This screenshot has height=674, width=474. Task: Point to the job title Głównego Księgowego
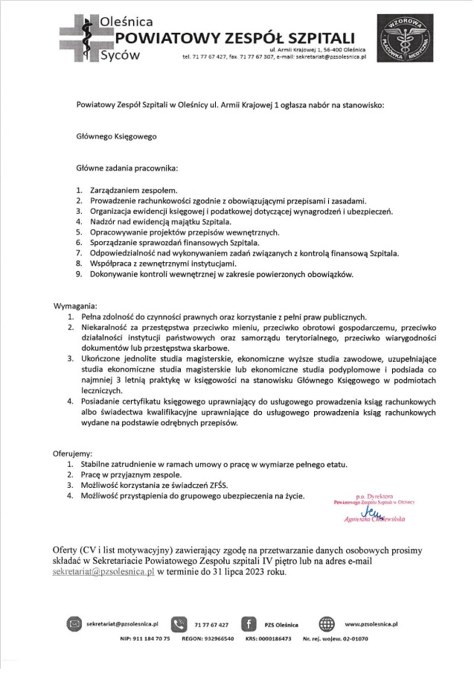117,137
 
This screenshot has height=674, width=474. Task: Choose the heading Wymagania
75,306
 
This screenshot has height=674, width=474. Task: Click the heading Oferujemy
73,453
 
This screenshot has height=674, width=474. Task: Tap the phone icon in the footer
179,623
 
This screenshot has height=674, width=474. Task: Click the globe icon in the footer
327,623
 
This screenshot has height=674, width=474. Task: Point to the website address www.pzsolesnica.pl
372,623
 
